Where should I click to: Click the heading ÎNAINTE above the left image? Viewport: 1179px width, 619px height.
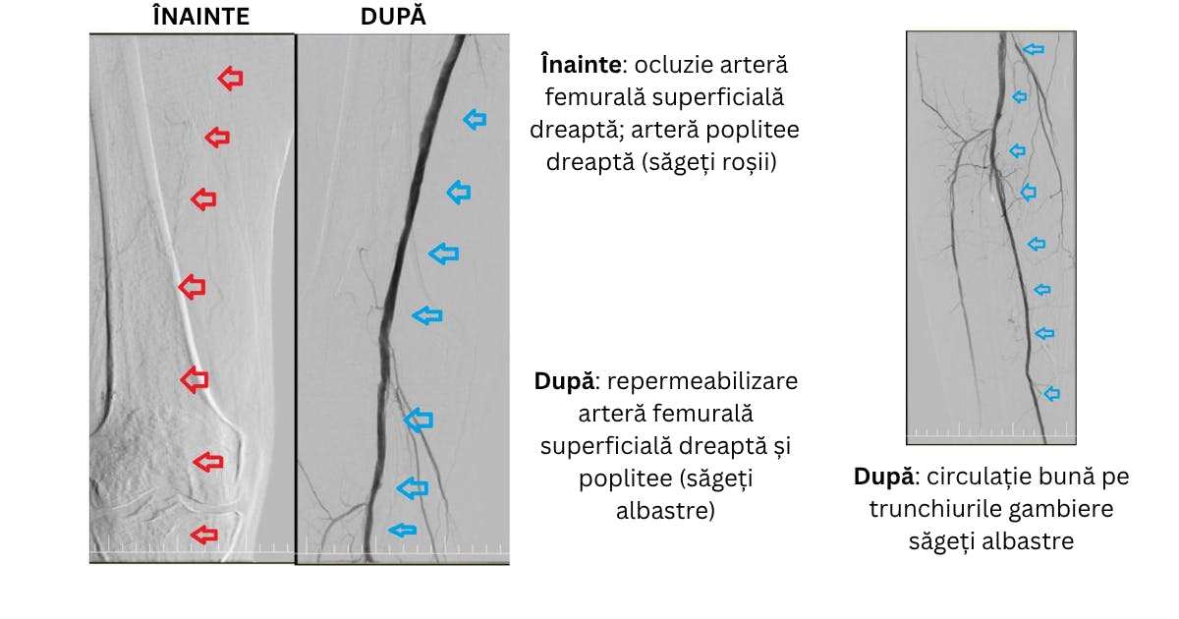(x=201, y=16)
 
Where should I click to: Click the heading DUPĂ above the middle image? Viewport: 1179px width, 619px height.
(x=393, y=16)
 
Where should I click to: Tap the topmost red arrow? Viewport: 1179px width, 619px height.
(x=231, y=79)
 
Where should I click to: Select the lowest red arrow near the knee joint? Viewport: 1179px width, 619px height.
(x=204, y=535)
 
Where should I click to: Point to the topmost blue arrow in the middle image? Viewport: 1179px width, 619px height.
(x=475, y=120)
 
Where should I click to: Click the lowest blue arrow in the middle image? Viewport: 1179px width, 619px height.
(x=403, y=530)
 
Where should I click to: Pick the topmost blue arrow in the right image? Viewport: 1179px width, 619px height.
(x=1034, y=49)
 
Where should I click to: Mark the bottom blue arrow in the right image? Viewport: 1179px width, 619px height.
(x=1051, y=394)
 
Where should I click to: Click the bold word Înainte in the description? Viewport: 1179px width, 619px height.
(x=581, y=65)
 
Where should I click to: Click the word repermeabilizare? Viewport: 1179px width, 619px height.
(x=702, y=381)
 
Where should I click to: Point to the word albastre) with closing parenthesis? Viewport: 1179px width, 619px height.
(x=665, y=511)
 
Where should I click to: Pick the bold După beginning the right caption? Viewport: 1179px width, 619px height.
(x=883, y=477)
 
